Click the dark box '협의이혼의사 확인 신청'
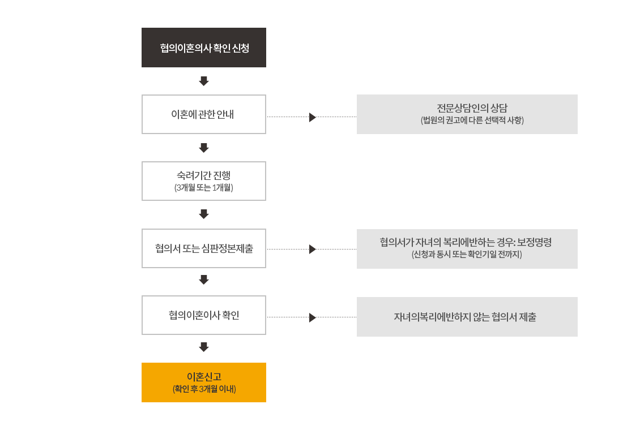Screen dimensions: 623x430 pos(204,48)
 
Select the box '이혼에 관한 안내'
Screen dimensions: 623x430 pos(204,114)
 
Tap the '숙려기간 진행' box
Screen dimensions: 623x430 pos(204,181)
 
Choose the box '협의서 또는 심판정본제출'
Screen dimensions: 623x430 pos(204,248)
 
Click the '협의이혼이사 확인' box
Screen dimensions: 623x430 pos(204,315)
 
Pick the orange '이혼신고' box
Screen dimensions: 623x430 pos(204,382)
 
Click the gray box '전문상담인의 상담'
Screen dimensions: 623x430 pos(467,114)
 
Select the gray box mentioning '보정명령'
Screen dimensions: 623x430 pos(467,249)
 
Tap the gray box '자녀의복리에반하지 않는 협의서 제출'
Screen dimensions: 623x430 pos(467,317)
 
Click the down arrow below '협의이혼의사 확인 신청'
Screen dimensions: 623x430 pos(204,81)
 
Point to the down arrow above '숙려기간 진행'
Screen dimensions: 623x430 pos(204,148)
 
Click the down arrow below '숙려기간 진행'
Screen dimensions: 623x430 pos(204,214)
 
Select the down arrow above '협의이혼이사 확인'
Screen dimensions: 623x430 pos(204,280)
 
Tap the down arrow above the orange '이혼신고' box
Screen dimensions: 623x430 pos(204,347)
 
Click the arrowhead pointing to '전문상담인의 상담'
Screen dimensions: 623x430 pos(313,117)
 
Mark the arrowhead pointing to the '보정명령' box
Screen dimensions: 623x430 pos(313,250)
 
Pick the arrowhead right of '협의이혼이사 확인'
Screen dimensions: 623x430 pos(313,317)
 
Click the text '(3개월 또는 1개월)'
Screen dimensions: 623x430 pos(204,187)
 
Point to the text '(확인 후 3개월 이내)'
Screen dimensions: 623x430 pos(204,389)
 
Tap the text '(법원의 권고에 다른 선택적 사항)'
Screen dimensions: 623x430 pos(472,120)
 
